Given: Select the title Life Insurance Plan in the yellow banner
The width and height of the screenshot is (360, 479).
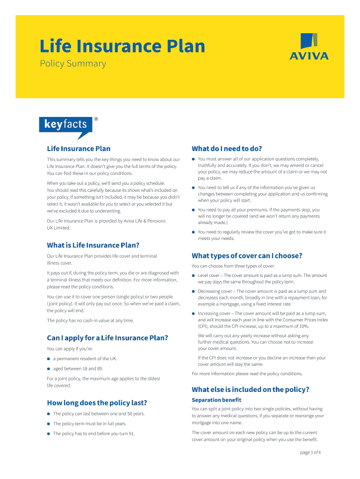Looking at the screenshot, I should coord(122,46).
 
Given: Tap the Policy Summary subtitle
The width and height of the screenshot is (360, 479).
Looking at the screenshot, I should coord(72,64).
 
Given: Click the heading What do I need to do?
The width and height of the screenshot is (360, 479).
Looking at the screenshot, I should coord(226,149).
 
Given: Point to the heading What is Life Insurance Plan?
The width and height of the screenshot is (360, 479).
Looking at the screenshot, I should coord(93,245).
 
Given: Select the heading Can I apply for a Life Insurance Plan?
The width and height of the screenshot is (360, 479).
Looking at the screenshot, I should coord(107,338).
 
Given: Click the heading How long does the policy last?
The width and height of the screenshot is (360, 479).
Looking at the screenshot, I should coord(97,403).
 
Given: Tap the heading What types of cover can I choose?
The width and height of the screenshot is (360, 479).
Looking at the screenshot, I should coord(247,255).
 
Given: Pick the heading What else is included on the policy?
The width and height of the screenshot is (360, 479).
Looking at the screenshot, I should coord(250,390).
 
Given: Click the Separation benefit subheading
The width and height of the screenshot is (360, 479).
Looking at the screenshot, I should coord(216,400).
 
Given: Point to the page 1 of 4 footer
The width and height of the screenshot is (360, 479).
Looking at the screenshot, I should coord(310,452).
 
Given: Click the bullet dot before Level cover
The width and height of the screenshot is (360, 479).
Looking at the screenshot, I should coord(193,276).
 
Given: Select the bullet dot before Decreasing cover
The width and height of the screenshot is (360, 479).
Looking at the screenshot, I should coord(193,291).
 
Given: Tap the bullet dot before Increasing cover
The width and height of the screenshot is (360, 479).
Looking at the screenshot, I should coord(193,313).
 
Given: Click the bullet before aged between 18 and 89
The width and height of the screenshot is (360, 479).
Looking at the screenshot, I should coord(48,369).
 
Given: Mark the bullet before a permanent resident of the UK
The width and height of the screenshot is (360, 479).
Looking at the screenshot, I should coord(48,359).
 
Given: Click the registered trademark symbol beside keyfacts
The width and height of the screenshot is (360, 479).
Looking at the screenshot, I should coord(96,119).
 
